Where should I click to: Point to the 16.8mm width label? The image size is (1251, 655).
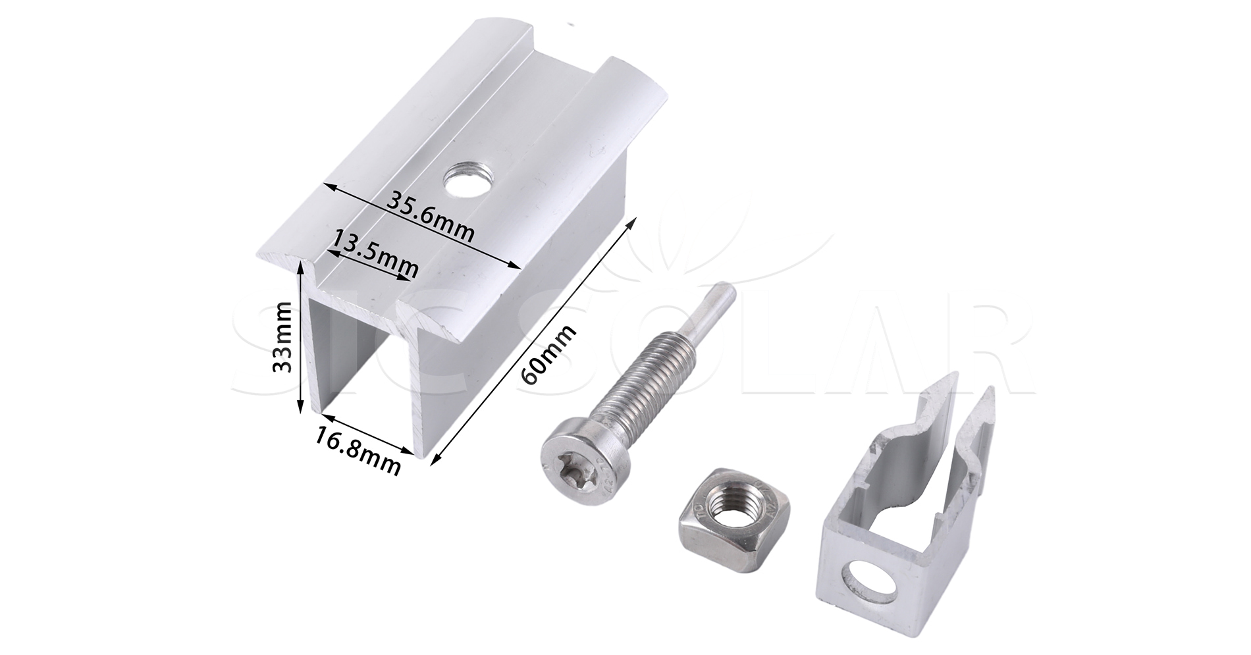point(358,451)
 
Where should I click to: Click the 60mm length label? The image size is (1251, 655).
point(548,355)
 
